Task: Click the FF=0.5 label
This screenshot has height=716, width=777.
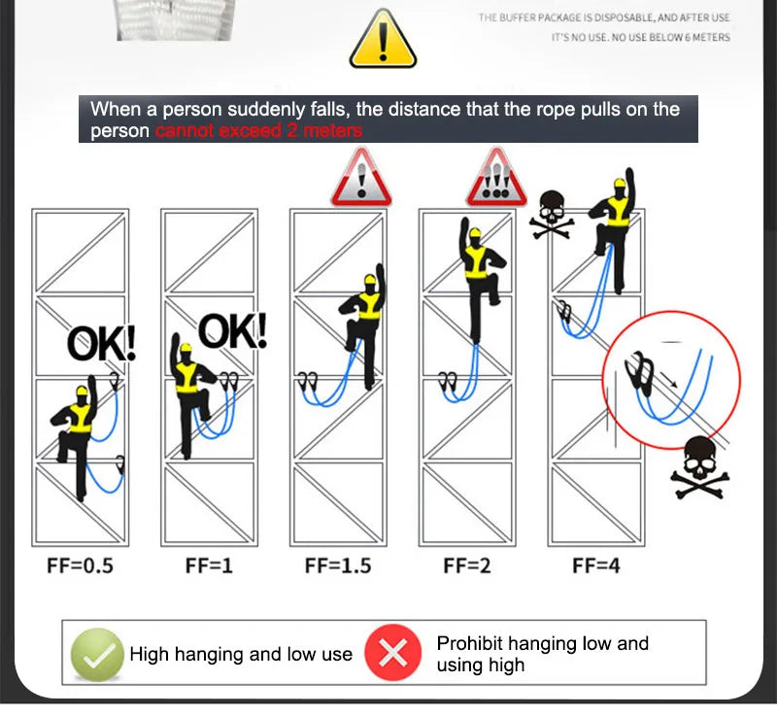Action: (80, 565)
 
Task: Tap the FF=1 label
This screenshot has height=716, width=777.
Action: (209, 565)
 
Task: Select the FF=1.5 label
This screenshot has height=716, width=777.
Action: (338, 565)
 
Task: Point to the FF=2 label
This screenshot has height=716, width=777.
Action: (467, 565)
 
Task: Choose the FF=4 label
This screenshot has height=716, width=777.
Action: (595, 565)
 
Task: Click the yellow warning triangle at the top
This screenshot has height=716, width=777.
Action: (383, 40)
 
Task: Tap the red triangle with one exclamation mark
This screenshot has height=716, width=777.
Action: (361, 178)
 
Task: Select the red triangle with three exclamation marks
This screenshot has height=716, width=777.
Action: (496, 178)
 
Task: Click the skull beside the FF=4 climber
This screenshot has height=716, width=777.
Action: (551, 214)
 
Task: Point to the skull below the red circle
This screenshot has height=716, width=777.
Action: (699, 467)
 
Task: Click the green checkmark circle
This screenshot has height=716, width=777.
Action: (97, 655)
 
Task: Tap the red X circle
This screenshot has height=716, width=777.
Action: (393, 652)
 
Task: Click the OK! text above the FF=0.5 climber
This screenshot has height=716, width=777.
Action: (101, 343)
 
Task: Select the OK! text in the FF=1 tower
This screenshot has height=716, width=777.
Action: (232, 330)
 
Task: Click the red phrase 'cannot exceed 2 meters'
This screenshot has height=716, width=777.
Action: (258, 131)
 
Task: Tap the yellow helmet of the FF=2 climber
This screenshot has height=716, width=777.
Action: (475, 232)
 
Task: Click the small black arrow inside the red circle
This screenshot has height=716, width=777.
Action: (669, 379)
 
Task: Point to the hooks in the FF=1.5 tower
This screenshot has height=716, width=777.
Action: (308, 381)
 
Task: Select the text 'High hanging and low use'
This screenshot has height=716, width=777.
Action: (241, 654)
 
